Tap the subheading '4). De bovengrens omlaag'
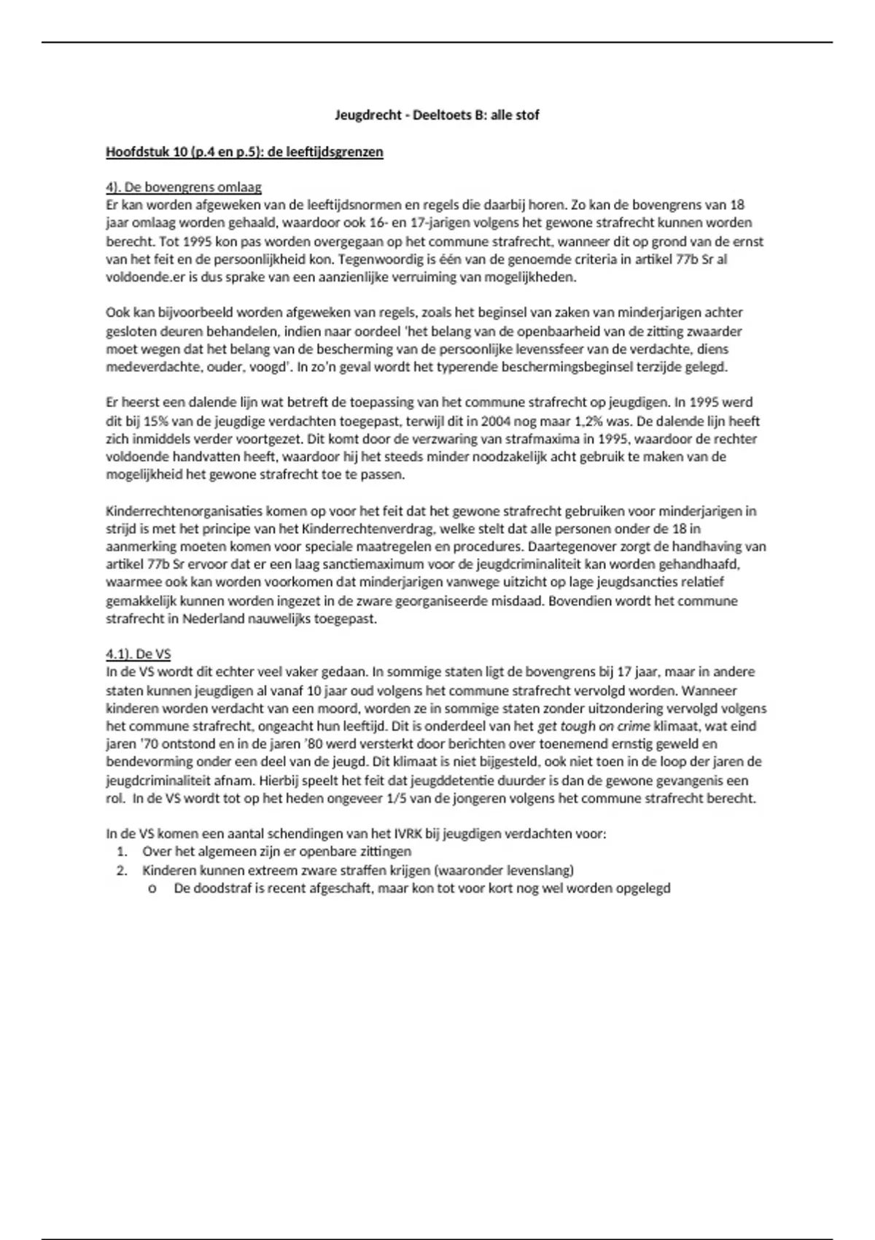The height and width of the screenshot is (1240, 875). click(x=184, y=187)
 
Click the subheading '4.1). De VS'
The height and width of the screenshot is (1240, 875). click(x=139, y=654)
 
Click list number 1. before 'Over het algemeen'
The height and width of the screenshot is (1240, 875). click(x=122, y=851)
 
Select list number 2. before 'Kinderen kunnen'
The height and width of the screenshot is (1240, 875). click(x=122, y=870)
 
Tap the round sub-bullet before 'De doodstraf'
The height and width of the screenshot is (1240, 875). click(x=152, y=889)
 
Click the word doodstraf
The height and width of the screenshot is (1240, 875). click(x=223, y=888)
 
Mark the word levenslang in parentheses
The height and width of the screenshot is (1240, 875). click(x=540, y=870)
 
